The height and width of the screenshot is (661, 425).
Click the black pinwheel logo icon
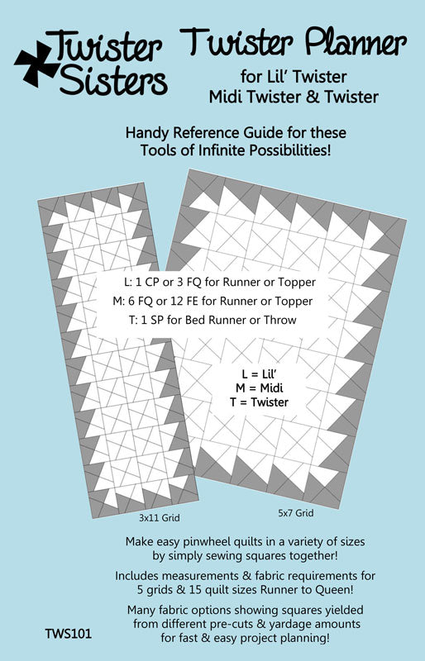[34, 61]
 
